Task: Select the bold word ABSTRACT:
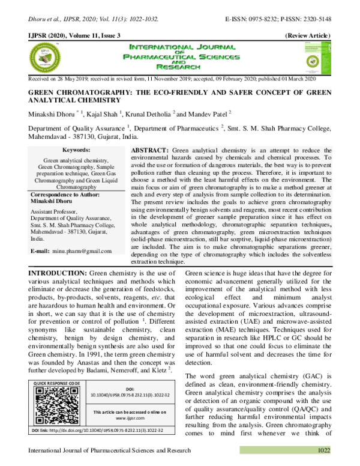150,148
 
